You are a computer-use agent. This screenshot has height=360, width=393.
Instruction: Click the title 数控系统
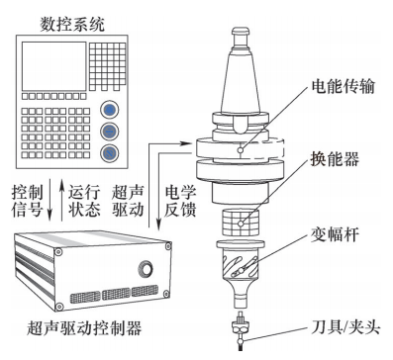click(x=72, y=24)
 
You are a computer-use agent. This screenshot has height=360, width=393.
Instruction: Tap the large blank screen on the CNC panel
click(x=54, y=66)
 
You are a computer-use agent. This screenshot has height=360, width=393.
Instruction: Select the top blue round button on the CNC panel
click(x=110, y=110)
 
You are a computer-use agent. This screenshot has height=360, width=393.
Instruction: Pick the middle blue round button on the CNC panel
click(x=110, y=132)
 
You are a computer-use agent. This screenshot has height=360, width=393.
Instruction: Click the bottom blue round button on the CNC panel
click(x=110, y=153)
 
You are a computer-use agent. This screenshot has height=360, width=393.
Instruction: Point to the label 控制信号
click(x=28, y=201)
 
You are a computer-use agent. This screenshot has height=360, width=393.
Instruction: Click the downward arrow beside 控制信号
click(x=49, y=200)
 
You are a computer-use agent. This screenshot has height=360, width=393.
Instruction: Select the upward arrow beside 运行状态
click(x=61, y=200)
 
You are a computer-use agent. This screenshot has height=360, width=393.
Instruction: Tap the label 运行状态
click(x=84, y=201)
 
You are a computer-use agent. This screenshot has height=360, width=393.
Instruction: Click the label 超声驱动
click(x=128, y=201)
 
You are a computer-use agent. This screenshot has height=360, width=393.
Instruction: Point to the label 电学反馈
click(x=180, y=201)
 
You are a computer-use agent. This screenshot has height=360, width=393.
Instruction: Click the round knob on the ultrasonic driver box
click(x=145, y=268)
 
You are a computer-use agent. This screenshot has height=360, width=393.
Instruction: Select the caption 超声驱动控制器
click(x=84, y=327)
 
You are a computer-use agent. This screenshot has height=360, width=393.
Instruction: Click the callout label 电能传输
click(x=344, y=86)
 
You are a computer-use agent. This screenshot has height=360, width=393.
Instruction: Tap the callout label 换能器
click(x=335, y=159)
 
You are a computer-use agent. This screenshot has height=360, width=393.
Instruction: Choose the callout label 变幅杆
click(x=335, y=234)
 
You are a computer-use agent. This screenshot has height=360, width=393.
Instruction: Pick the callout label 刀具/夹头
click(x=345, y=327)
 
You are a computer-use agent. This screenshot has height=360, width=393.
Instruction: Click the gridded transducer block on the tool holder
click(x=241, y=223)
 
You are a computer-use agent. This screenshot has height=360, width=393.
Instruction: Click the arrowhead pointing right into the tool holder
click(x=186, y=143)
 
